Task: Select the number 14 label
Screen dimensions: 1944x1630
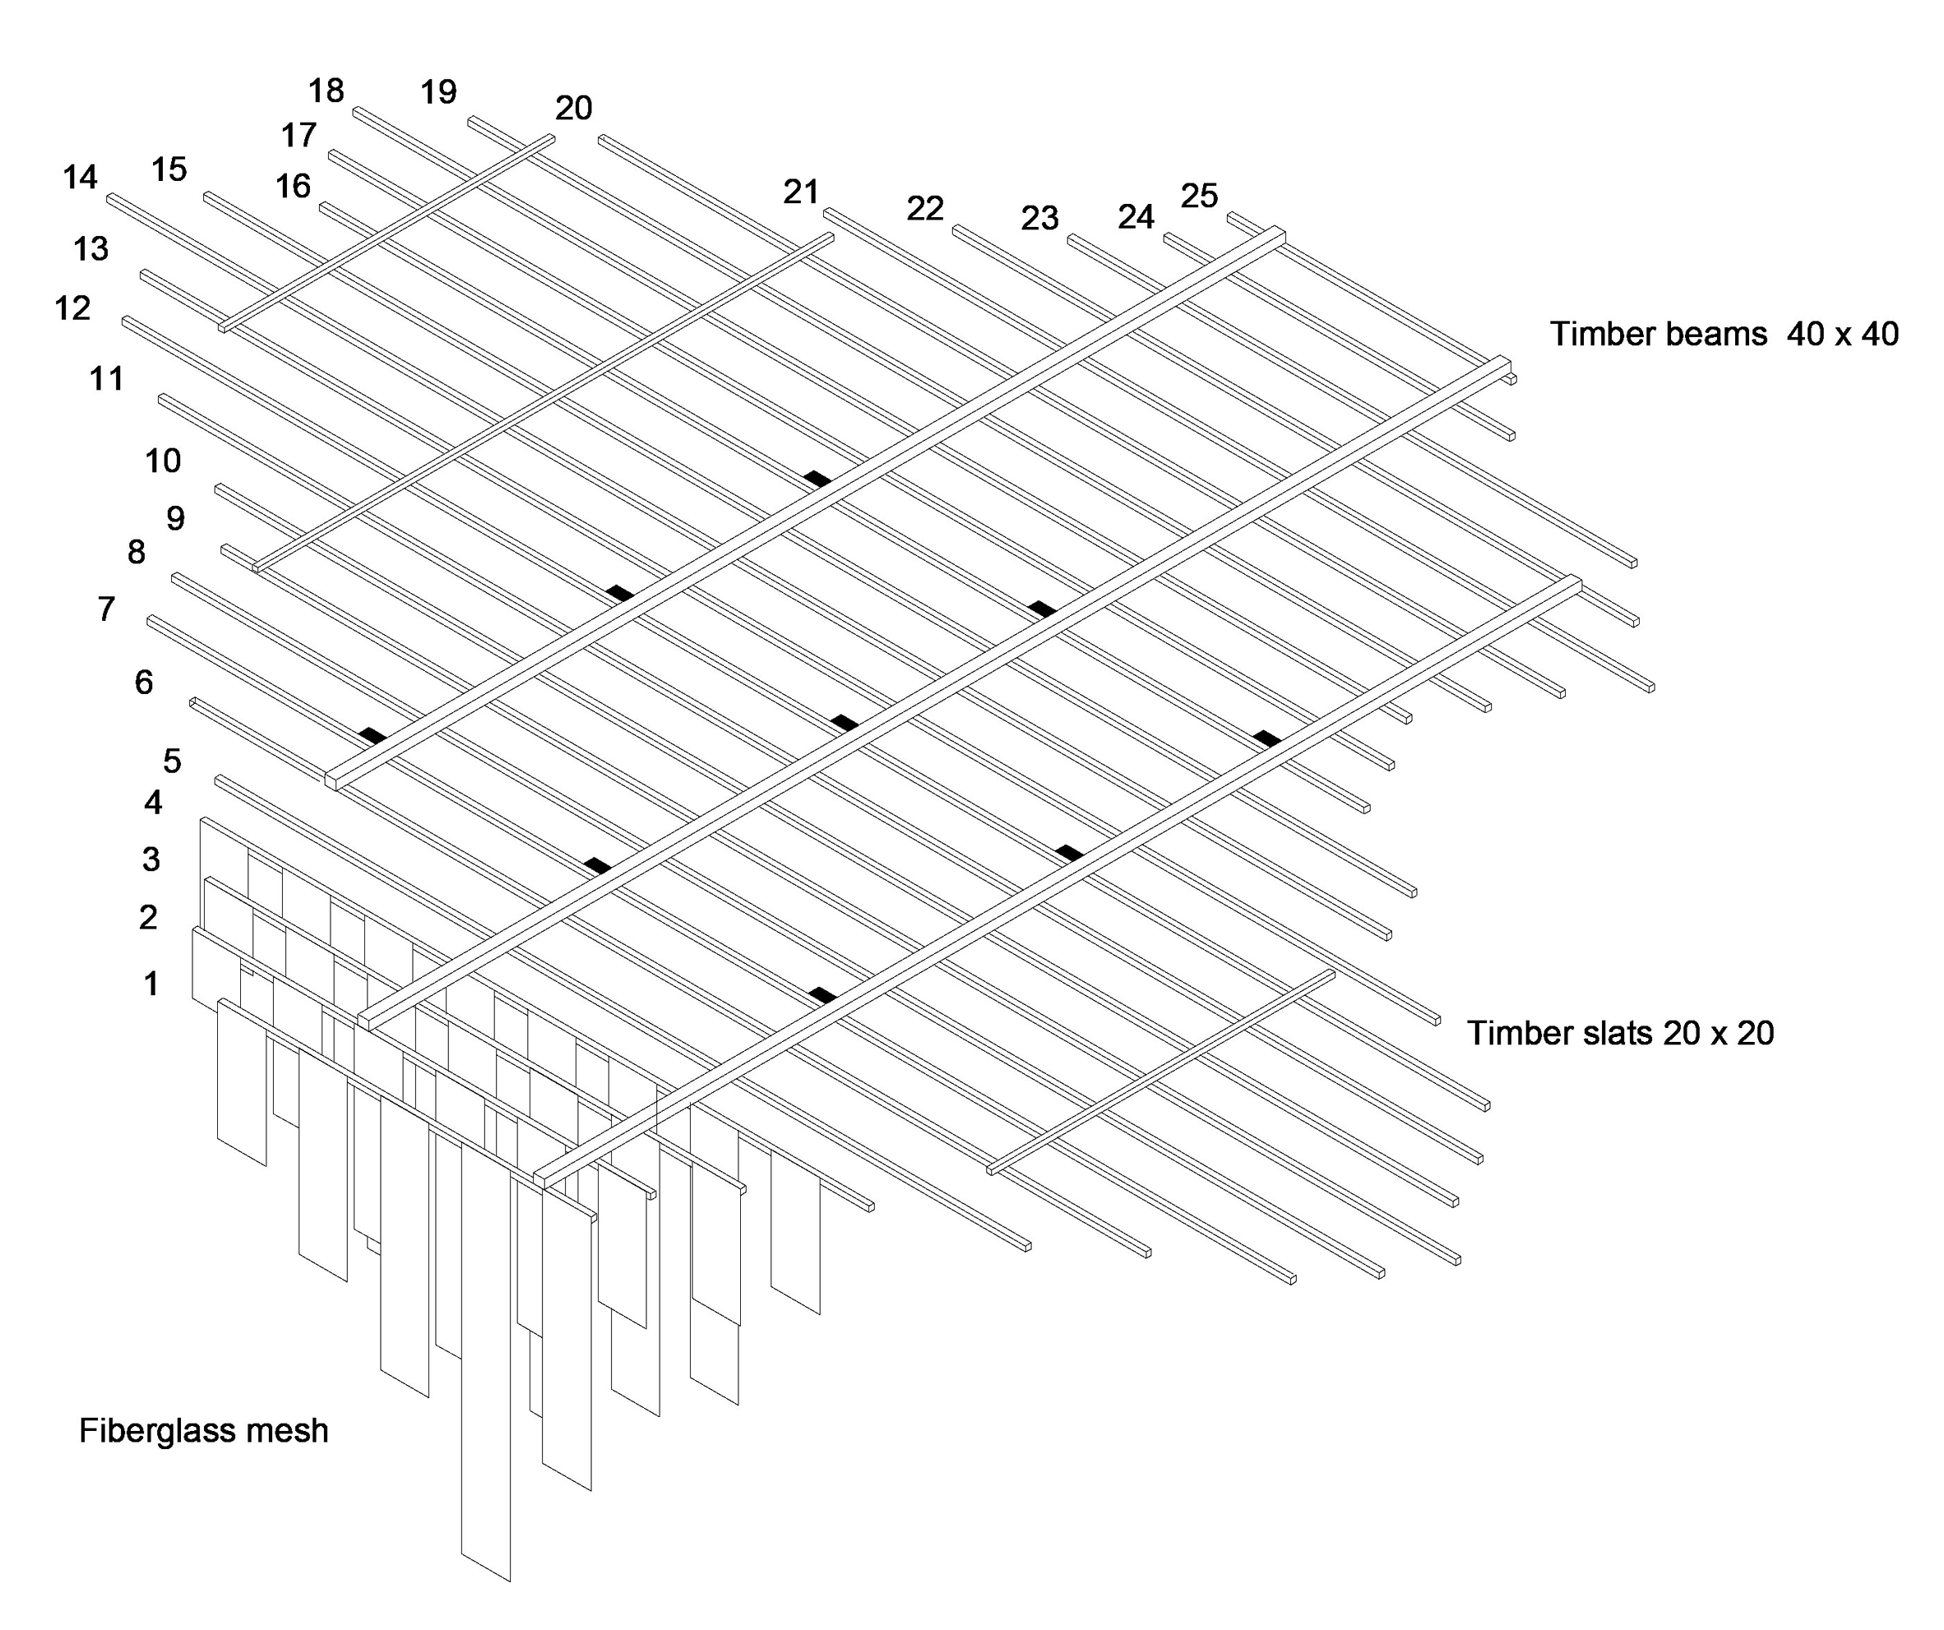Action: coord(80,177)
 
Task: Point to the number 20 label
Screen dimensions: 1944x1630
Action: coord(573,109)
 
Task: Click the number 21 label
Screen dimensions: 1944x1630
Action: coord(801,192)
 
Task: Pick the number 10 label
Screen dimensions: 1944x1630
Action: coord(162,461)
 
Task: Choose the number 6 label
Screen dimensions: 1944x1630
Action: coord(143,682)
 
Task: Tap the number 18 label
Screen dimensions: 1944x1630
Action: coord(326,90)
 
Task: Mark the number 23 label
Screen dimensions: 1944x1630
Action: coord(1039,219)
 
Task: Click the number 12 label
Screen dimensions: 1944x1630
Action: coord(72,308)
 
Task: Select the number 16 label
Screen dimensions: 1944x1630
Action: coord(293,186)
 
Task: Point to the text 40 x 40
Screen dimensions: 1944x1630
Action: coord(1842,334)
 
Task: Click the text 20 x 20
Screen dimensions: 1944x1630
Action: coord(1718,1033)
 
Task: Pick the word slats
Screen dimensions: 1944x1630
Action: coord(1608,1033)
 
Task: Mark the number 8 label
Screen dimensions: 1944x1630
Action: coord(136,553)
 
